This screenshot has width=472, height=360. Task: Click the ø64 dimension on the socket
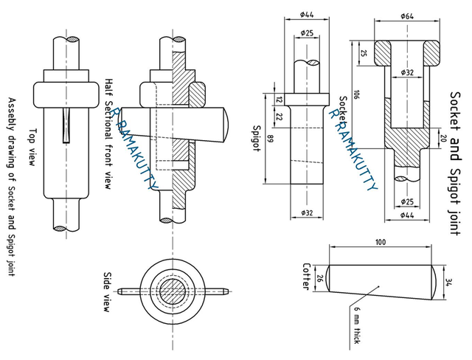tap(406, 15)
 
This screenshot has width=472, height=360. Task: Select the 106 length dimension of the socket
tap(356, 94)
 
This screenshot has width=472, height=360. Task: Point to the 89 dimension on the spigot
tap(271, 138)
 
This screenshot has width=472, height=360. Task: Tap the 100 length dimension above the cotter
tap(380, 242)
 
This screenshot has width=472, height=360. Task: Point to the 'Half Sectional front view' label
tap(108, 134)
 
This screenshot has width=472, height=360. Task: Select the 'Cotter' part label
tap(307, 276)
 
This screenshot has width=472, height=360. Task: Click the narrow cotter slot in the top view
tap(68, 125)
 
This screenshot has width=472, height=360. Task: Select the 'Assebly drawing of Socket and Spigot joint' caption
tap(12, 184)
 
